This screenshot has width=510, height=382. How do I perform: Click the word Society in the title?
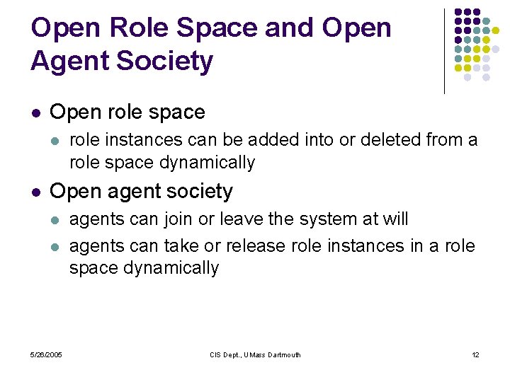(164, 62)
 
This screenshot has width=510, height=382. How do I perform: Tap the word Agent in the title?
(69, 62)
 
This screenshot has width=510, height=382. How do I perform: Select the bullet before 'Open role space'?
(35, 112)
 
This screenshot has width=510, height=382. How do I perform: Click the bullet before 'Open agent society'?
(35, 192)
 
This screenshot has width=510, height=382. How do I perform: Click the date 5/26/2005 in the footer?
(46, 354)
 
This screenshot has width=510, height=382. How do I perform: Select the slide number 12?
(475, 354)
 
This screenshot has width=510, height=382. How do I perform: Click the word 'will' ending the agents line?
(395, 219)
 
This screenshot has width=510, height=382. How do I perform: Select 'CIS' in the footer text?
(215, 354)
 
